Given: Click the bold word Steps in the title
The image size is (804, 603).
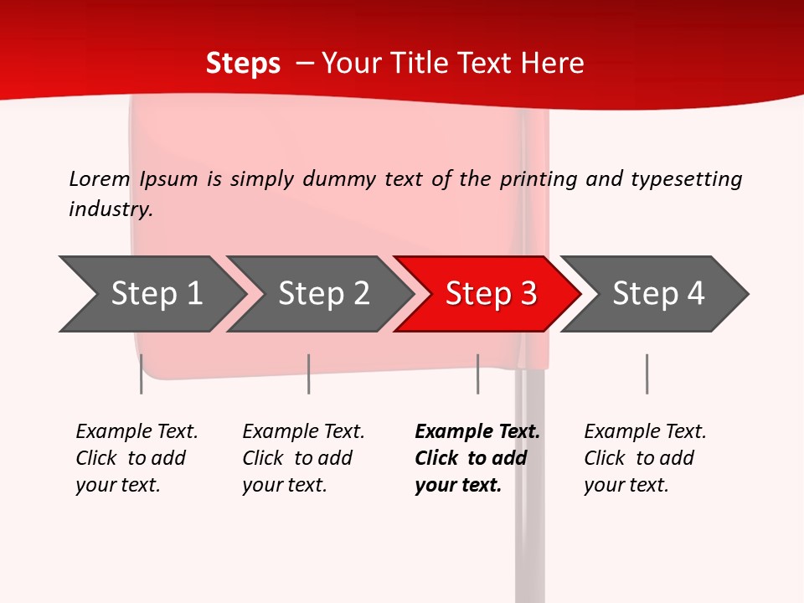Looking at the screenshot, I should pyautogui.click(x=243, y=64).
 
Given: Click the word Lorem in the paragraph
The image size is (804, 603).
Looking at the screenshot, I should pyautogui.click(x=100, y=178).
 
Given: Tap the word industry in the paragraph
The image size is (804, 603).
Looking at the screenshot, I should pyautogui.click(x=111, y=209).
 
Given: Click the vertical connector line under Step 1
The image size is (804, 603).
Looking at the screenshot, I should pyautogui.click(x=141, y=374).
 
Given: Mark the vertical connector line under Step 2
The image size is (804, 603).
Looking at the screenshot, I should pyautogui.click(x=308, y=374).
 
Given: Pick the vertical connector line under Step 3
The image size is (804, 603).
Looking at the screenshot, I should pyautogui.click(x=477, y=374).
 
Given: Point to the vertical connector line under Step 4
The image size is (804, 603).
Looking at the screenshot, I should pyautogui.click(x=647, y=374).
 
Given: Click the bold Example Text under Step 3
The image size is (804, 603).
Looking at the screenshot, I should pyautogui.click(x=477, y=432).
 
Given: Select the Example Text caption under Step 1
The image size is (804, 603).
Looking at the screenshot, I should pyautogui.click(x=137, y=432).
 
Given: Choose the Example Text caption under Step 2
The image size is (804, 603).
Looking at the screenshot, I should pyautogui.click(x=303, y=432).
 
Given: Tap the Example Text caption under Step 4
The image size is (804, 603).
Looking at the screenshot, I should pyautogui.click(x=645, y=432).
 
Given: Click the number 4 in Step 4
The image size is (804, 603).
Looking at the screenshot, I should pyautogui.click(x=696, y=294).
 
